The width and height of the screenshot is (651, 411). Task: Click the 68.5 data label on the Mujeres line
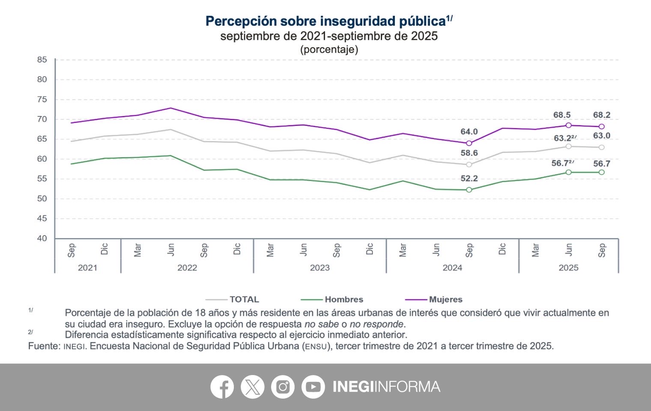coord(562,115)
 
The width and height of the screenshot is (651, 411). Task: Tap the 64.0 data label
coord(469,131)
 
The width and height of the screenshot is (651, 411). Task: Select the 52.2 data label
coord(469,178)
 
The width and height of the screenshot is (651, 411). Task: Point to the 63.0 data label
coord(601,136)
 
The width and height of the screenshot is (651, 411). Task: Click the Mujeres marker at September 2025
coord(601,126)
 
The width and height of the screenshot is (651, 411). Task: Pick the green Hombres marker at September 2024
coord(469,190)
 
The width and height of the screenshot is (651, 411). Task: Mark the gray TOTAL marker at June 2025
coord(568,146)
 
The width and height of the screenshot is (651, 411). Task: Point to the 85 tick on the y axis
coord(42,60)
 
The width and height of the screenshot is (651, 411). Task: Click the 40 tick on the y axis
coord(42,238)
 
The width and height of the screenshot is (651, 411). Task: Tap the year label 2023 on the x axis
coord(320,268)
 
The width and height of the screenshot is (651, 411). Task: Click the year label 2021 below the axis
coord(87,268)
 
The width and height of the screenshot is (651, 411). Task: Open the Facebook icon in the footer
coord(222,387)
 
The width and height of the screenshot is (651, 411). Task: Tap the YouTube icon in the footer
coord(313,387)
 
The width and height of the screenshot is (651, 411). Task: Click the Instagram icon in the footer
coord(283,387)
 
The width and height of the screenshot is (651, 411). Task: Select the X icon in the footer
coord(252,387)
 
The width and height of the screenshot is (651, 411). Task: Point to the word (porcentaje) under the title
coord(329,49)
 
